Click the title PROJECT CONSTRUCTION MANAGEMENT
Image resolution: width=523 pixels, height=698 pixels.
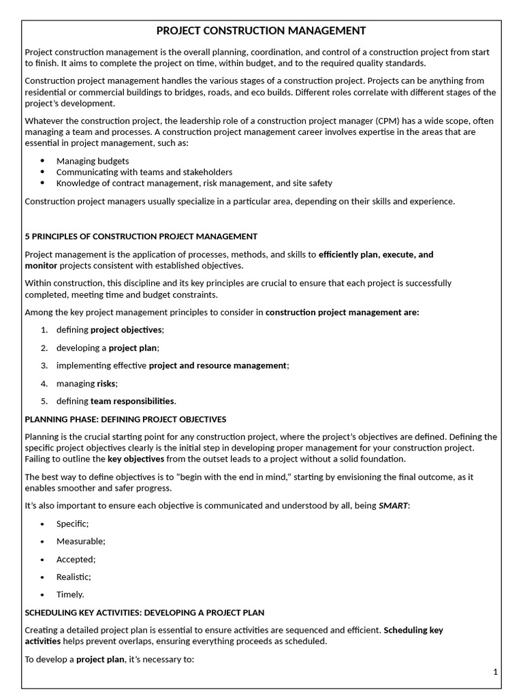point(261,31)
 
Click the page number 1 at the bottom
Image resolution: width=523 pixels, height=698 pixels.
point(496,672)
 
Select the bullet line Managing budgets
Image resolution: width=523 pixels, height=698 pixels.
point(93,161)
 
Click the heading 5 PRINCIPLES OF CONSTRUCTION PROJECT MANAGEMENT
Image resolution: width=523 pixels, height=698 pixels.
point(141,237)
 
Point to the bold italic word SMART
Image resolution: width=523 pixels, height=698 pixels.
point(394,506)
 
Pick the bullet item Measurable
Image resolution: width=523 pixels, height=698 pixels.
point(81,541)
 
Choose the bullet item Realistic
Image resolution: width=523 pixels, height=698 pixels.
point(74,577)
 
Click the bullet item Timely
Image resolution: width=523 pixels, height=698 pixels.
point(71,594)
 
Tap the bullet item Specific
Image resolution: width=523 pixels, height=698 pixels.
point(73,523)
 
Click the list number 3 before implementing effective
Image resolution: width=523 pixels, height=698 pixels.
point(44,365)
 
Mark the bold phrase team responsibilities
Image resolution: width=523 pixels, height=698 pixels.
point(133,401)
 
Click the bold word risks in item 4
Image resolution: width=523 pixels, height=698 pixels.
point(107,383)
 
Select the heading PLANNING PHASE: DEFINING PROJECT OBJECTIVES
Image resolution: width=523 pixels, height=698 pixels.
point(125,419)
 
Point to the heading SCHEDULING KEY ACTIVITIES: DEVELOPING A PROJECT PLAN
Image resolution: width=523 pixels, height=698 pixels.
point(144,613)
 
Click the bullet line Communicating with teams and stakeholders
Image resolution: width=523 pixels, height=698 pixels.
point(144,172)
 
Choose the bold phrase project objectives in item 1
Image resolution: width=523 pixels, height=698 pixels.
point(127,330)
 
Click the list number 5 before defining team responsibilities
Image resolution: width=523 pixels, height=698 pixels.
point(44,401)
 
